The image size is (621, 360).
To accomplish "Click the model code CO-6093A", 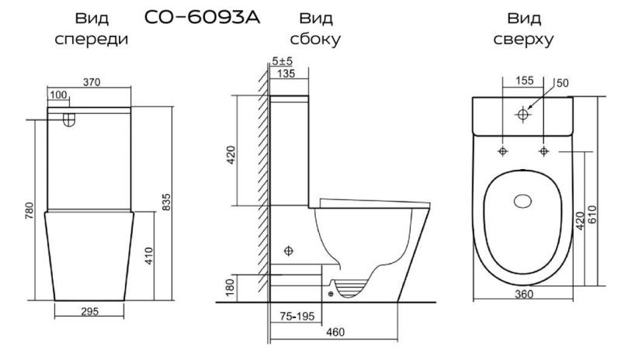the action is click(202, 17).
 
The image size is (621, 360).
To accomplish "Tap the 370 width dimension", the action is click(92, 82).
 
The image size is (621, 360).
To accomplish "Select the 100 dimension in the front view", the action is click(58, 95).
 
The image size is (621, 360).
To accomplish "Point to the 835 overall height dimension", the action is click(166, 202).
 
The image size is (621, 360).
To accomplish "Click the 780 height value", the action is click(29, 211).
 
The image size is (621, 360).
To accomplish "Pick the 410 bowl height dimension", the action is click(148, 256).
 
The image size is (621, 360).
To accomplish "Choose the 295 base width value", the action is click(89, 312).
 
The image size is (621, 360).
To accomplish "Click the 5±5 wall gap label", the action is click(282, 61).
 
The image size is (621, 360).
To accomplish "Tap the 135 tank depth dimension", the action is click(286, 73).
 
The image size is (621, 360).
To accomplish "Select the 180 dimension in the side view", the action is click(230, 288).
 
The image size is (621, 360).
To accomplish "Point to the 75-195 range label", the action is click(297, 316).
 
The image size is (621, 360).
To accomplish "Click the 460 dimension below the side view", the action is click(335, 332).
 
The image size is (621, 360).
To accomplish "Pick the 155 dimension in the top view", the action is click(525, 81).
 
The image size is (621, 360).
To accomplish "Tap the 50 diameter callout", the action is click(562, 83).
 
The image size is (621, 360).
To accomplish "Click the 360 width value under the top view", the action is click(523, 294).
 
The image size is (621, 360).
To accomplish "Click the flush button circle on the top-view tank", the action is click(522, 115).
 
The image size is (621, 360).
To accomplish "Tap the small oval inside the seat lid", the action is click(522, 201).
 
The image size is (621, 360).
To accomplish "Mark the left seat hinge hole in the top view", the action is click(503, 151).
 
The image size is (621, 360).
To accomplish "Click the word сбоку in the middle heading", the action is click(315, 39).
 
